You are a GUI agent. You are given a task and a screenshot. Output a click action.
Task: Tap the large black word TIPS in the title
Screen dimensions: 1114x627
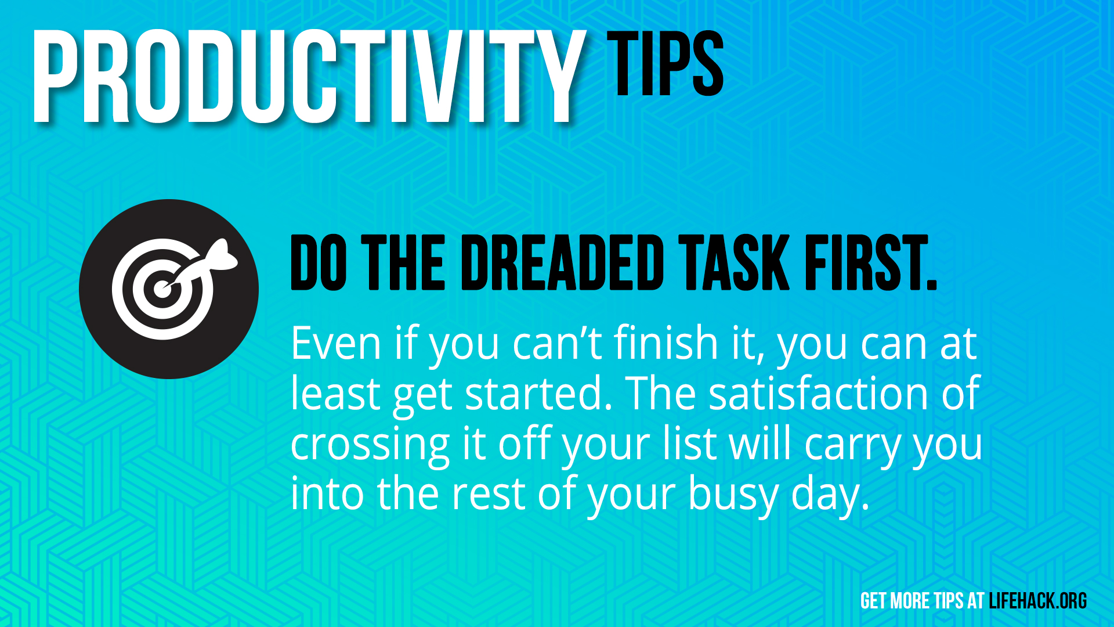click(x=665, y=63)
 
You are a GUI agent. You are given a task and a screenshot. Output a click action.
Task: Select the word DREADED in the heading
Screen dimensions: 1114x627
click(x=562, y=262)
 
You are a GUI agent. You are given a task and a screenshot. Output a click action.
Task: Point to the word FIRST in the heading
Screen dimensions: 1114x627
click(x=865, y=262)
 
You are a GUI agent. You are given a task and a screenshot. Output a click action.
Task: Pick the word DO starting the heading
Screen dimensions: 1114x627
click(x=319, y=262)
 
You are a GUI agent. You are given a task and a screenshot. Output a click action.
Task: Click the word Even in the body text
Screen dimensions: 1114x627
click(x=336, y=343)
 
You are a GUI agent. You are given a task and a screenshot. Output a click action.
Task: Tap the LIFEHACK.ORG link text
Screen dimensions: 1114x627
click(x=1037, y=601)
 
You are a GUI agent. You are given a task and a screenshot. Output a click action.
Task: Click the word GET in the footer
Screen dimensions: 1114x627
click(x=873, y=601)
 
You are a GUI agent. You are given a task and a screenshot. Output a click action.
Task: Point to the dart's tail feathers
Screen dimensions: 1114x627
click(x=222, y=255)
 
